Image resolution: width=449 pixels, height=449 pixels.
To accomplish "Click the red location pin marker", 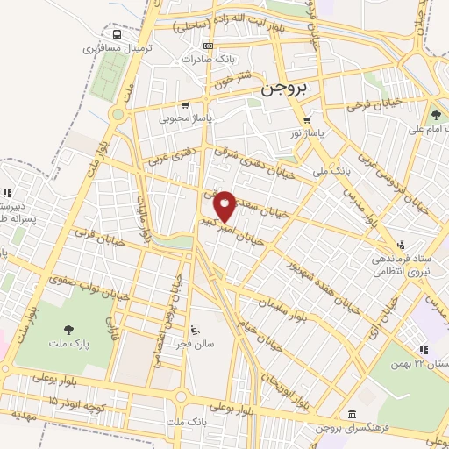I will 224,204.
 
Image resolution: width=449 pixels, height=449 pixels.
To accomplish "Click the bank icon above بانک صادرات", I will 208,46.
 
